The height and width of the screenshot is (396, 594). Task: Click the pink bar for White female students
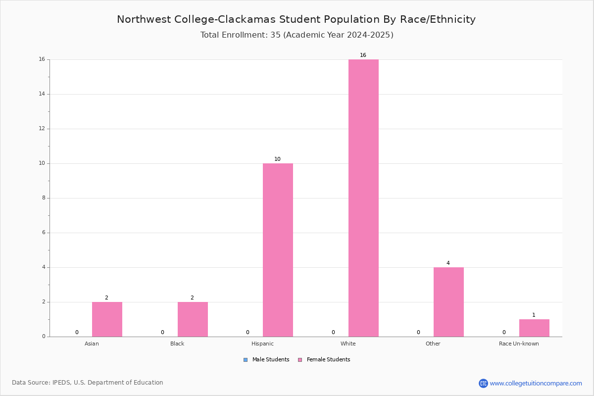click(363, 198)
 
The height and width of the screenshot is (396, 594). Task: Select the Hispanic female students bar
click(278, 250)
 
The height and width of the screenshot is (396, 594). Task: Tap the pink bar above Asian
click(107, 319)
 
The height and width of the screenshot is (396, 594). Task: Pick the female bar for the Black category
click(193, 319)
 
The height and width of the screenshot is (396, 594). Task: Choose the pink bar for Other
click(448, 302)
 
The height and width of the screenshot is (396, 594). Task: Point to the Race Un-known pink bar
click(534, 328)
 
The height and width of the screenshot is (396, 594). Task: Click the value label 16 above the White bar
click(363, 55)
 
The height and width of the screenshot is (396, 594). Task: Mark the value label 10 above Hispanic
click(277, 159)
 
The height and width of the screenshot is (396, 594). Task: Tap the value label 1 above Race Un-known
click(534, 315)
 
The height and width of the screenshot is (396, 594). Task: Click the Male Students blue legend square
click(246, 360)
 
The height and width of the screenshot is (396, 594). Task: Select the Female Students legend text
click(328, 360)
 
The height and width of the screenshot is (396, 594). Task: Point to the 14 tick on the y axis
click(42, 94)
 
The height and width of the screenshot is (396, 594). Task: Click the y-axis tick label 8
click(44, 198)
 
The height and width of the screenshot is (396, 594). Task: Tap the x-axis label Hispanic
click(262, 344)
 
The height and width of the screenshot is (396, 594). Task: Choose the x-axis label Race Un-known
click(519, 344)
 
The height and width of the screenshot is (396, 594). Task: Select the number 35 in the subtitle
click(275, 35)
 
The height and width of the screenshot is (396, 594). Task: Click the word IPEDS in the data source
click(61, 383)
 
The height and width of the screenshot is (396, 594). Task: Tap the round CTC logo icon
click(483, 383)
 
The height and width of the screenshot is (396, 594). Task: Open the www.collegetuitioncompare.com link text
click(536, 384)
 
